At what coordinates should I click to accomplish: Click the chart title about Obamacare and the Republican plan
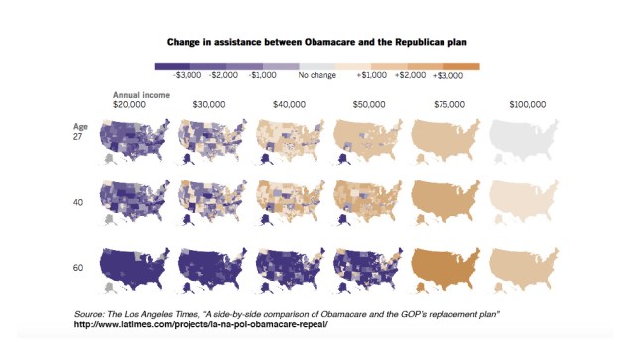click(315, 43)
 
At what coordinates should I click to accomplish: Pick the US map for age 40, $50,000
click(369, 203)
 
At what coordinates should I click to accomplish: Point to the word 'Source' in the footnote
click(91, 314)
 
